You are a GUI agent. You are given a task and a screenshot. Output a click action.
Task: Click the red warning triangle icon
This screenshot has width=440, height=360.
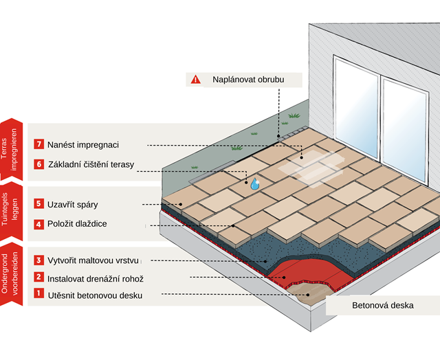[196, 80]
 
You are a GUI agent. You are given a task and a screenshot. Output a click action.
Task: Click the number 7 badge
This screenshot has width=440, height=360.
[38, 145]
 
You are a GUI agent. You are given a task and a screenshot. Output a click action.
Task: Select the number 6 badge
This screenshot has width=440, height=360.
[38, 165]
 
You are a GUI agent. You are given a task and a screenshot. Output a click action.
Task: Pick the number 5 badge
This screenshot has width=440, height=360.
[38, 204]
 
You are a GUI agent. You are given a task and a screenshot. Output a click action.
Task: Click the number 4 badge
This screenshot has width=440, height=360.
[38, 224]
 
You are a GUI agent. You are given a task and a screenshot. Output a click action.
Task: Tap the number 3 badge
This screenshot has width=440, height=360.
[38, 260]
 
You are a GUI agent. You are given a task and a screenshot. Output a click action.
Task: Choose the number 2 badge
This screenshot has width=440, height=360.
[38, 278]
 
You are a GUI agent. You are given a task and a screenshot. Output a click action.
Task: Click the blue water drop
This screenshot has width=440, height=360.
[255, 183]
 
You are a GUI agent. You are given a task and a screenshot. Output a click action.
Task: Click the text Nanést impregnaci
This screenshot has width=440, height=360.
[83, 145]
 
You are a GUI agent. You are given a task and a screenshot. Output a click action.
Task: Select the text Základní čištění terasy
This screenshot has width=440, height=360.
[91, 165]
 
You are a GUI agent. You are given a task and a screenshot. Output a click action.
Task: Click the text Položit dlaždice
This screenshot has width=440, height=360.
[77, 224]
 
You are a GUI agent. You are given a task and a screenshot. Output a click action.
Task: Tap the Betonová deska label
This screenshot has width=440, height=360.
[382, 305]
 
